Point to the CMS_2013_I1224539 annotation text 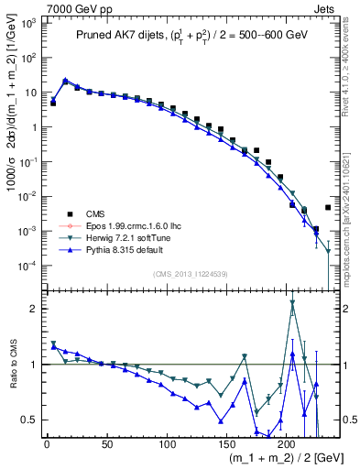[192, 273]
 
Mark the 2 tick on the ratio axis [38, 309]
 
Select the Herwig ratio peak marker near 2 [292, 302]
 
